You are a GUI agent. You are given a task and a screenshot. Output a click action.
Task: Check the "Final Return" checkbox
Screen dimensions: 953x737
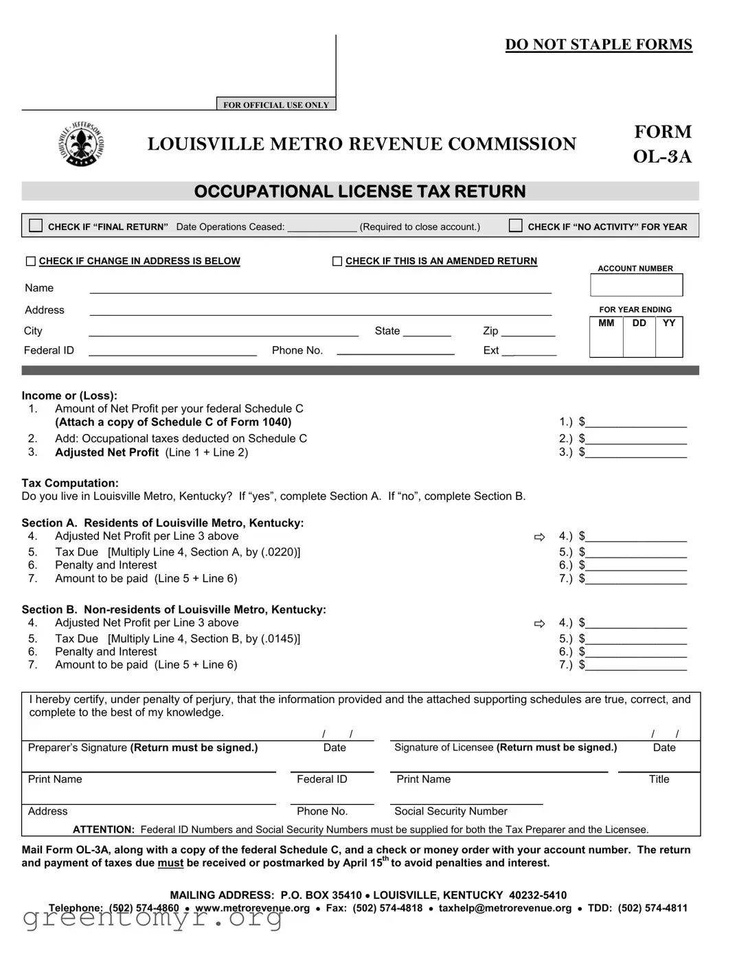click(x=36, y=225)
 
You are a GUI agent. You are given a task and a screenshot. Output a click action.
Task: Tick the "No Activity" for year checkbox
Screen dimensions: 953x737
click(x=515, y=225)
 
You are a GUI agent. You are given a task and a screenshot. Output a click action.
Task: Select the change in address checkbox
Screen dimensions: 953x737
click(x=30, y=261)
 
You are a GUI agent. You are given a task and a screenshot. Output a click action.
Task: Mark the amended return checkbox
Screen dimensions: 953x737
click(x=337, y=261)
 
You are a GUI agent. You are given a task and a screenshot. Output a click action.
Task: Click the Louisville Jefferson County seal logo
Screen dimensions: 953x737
click(x=81, y=144)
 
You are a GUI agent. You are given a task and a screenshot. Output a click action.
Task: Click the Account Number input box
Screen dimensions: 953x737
click(x=636, y=285)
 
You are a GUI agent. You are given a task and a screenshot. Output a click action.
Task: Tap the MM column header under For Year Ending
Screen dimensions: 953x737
click(x=606, y=323)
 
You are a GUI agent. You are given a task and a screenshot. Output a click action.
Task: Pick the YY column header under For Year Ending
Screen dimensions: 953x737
click(x=669, y=323)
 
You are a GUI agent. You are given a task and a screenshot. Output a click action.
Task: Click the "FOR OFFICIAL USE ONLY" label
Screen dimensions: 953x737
click(x=276, y=105)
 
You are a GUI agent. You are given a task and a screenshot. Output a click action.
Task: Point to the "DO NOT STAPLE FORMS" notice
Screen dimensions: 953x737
click(x=598, y=45)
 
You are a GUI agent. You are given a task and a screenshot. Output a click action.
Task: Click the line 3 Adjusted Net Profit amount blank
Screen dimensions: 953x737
click(x=635, y=452)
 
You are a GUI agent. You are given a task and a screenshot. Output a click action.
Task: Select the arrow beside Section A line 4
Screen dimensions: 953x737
click(x=539, y=537)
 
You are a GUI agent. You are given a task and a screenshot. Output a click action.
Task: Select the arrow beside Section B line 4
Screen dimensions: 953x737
click(x=539, y=623)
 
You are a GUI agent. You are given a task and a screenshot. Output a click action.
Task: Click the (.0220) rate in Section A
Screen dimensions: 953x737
click(x=279, y=552)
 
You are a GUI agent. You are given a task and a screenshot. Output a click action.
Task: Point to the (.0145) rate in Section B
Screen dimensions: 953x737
click(x=279, y=639)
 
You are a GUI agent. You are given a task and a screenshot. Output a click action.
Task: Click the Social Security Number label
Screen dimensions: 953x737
click(x=451, y=812)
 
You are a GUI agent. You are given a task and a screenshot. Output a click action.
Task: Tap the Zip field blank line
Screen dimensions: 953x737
click(x=528, y=332)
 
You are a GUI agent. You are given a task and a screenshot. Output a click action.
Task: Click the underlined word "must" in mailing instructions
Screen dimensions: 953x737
click(x=170, y=863)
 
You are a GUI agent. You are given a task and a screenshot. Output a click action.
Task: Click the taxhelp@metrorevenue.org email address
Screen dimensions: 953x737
click(x=505, y=908)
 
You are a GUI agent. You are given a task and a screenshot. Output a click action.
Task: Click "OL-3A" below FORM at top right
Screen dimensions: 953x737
click(x=662, y=157)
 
